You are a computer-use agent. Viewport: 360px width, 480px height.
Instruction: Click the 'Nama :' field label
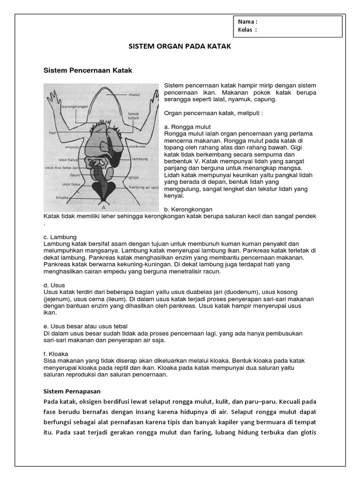(247, 22)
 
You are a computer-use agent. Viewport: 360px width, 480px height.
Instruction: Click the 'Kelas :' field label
(247, 30)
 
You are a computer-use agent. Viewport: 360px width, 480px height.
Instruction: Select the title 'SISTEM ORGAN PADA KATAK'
(180, 47)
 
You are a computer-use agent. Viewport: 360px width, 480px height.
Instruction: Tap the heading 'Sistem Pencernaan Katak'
(88, 70)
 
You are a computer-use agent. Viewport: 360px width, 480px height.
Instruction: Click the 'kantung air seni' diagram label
(143, 187)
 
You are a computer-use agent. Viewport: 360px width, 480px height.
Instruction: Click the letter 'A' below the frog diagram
(103, 206)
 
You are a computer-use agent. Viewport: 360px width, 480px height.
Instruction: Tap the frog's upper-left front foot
(51, 96)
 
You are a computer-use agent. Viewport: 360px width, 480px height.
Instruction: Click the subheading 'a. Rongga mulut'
(187, 127)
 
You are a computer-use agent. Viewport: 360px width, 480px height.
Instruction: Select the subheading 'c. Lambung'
(60, 237)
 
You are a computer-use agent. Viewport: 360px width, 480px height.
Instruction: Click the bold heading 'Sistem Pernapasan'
(72, 390)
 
